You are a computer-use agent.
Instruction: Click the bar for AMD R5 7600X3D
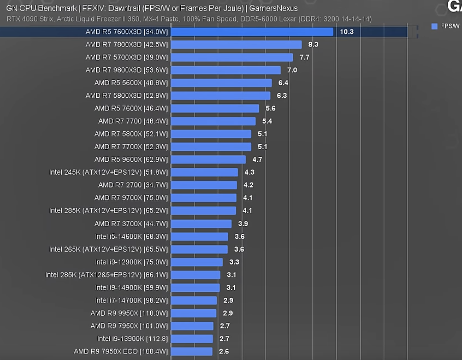pos(252,32)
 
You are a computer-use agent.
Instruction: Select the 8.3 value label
pos(313,44)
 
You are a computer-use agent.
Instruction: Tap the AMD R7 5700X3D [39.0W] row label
pos(126,58)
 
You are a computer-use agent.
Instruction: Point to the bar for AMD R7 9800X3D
pos(226,70)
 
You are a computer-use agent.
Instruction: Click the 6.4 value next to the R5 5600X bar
pos(283,83)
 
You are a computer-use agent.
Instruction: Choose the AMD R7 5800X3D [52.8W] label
pos(126,96)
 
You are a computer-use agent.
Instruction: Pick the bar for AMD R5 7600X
pos(215,108)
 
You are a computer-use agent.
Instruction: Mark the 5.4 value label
pos(267,121)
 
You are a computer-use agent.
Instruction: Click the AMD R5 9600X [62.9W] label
pos(131,159)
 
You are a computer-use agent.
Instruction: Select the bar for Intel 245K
pos(204,172)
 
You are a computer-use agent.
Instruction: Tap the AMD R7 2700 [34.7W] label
pos(133,185)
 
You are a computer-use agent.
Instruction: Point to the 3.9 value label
pos(243,224)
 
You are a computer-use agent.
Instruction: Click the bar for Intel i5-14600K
pos(200,236)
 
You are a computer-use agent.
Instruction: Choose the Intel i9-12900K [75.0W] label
pos(131,262)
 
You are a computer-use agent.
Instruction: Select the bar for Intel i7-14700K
pos(194,300)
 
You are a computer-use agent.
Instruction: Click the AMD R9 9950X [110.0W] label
pos(129,313)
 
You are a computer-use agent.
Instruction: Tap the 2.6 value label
pos(224,351)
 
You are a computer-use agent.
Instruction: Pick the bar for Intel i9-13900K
pos(192,339)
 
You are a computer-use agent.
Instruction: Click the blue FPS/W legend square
pos(434,26)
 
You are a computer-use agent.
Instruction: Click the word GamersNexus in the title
pos(273,8)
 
